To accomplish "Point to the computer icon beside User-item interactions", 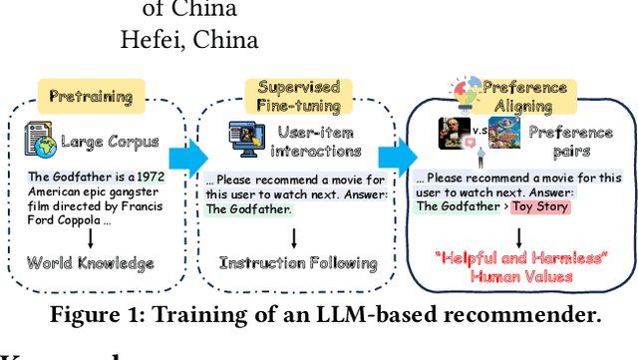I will coord(244,138).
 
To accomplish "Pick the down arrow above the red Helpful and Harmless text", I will coord(519,235).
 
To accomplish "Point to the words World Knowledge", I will coord(91,263).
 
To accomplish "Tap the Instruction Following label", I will coord(298,263).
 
